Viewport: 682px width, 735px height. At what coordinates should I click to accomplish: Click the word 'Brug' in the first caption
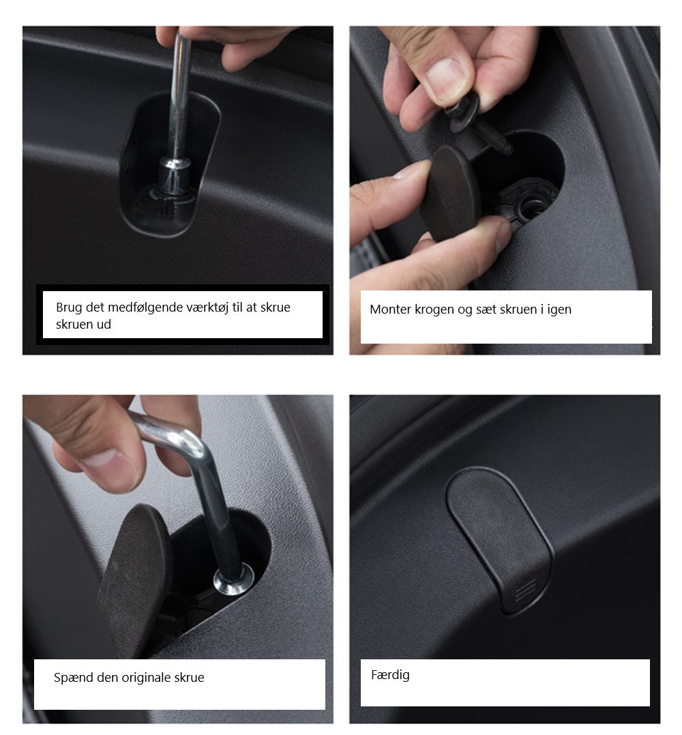click(x=69, y=308)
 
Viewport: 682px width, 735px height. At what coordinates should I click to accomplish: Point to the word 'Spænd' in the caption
click(x=69, y=678)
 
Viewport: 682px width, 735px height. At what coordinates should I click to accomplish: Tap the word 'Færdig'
click(x=390, y=676)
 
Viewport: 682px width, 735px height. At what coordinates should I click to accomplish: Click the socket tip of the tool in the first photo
click(x=175, y=176)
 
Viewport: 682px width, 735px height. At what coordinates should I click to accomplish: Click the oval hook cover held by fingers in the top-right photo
click(x=449, y=192)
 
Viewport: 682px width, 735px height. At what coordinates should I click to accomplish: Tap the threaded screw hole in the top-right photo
click(x=531, y=206)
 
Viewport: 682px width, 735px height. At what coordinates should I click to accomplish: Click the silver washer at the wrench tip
click(x=234, y=580)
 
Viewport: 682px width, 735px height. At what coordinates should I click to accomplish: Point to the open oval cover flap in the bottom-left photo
click(x=134, y=581)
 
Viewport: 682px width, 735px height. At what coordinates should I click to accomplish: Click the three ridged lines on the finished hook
click(x=525, y=590)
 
